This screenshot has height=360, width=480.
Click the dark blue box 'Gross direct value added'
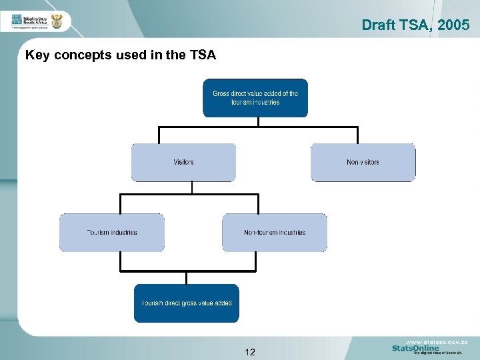click(x=255, y=98)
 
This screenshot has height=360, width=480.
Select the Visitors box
click(x=183, y=162)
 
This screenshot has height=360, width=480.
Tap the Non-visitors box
click(x=363, y=162)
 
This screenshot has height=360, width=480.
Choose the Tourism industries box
click(x=111, y=233)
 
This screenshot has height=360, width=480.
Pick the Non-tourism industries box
click(x=274, y=233)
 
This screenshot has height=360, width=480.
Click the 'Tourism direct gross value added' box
click(x=186, y=303)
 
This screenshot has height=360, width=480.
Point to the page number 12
click(x=250, y=352)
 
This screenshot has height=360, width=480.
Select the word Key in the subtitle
click(x=37, y=55)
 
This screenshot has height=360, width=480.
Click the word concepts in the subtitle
click(x=81, y=55)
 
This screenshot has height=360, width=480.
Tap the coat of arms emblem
click(x=57, y=21)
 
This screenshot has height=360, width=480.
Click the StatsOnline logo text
click(x=415, y=348)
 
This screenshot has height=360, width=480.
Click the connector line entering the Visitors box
click(x=159, y=135)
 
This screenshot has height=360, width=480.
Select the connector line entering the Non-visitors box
click(x=357, y=135)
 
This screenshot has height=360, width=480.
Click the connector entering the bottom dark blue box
click(x=187, y=278)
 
